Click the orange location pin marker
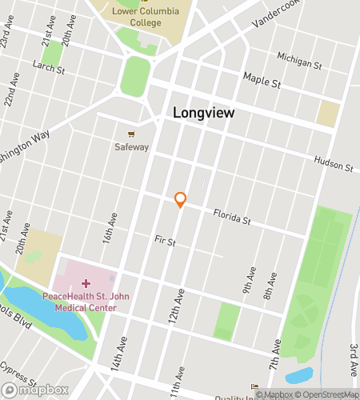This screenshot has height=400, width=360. [180, 199]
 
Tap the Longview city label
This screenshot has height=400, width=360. [204, 114]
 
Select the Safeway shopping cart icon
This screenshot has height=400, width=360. [131, 134]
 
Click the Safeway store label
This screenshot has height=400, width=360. [131, 147]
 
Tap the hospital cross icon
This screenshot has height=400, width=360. [86, 283]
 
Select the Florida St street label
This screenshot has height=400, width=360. [231, 216]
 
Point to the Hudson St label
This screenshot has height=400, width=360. [333, 164]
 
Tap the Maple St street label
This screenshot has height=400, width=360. [262, 82]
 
